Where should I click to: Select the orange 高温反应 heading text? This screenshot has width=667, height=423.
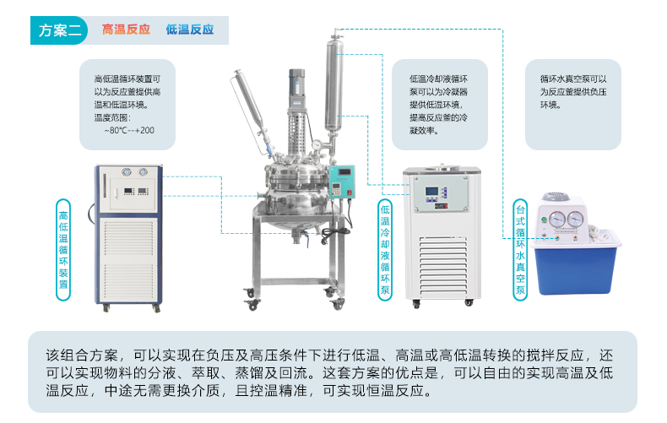pyautogui.click(x=126, y=30)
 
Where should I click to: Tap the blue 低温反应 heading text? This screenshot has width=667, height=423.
pyautogui.click(x=190, y=30)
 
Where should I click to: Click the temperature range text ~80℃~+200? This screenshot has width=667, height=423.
pyautogui.click(x=128, y=130)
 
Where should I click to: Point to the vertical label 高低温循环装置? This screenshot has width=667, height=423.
pyautogui.click(x=63, y=244)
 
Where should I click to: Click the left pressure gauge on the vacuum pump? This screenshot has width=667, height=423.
pyautogui.click(x=556, y=220)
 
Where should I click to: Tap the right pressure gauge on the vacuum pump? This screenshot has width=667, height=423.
pyautogui.click(x=576, y=220)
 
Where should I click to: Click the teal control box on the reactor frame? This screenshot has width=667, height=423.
pyautogui.click(x=344, y=181)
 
